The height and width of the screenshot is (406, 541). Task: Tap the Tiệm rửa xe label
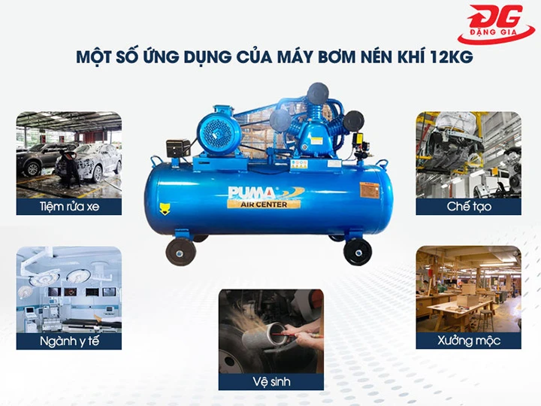(68, 205)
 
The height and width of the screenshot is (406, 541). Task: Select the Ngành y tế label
(68, 341)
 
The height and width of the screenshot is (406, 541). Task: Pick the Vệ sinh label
(271, 381)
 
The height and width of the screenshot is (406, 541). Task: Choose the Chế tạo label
(469, 205)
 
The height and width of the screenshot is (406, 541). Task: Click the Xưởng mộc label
(469, 341)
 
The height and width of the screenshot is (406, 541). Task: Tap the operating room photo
(68, 289)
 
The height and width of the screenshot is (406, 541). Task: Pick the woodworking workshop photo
(469, 289)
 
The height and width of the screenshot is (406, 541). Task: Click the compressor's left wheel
(180, 251)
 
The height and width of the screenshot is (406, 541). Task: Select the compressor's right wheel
(357, 251)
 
